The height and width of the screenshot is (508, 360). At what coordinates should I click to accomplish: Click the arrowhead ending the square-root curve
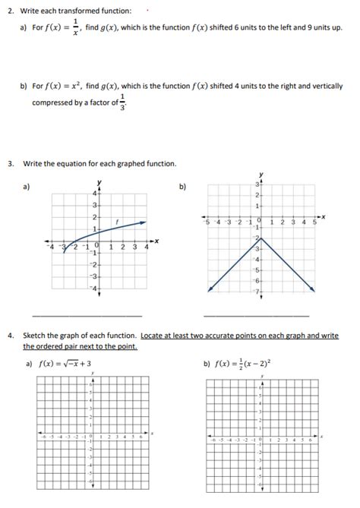point(147,222)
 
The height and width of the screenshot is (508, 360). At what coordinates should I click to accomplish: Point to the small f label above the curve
point(116,221)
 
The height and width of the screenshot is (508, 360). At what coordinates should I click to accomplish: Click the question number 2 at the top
point(10,11)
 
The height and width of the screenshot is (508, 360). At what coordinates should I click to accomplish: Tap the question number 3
point(10,163)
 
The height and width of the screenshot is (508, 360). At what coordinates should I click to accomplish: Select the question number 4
point(10,334)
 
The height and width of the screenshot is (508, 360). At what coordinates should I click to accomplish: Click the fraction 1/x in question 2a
point(75,27)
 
